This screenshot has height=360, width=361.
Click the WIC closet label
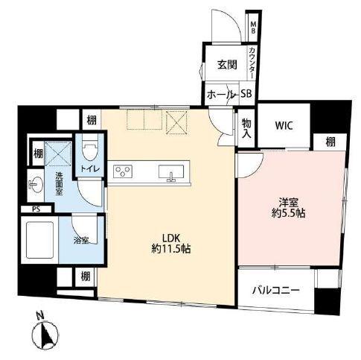(284, 125)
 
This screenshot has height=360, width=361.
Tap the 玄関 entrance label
(227, 65)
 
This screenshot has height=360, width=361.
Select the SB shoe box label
(246, 93)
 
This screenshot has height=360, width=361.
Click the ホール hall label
(220, 95)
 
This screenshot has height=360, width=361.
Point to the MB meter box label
(253, 28)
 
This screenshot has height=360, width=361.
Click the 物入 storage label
(246, 128)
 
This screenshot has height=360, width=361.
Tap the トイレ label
(90, 169)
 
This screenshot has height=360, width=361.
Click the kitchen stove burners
(123, 171)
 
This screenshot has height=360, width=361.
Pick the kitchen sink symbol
(171, 172)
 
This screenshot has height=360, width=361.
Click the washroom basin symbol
(36, 185)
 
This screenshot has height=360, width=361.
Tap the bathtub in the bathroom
(39, 240)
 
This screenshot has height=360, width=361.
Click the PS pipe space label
(36, 209)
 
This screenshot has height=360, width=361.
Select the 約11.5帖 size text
(171, 249)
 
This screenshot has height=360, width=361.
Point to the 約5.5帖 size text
(288, 213)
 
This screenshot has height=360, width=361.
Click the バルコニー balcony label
(276, 290)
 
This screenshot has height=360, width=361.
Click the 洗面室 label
(59, 183)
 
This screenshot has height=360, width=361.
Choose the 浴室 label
(81, 241)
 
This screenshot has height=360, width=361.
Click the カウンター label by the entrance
(252, 63)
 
